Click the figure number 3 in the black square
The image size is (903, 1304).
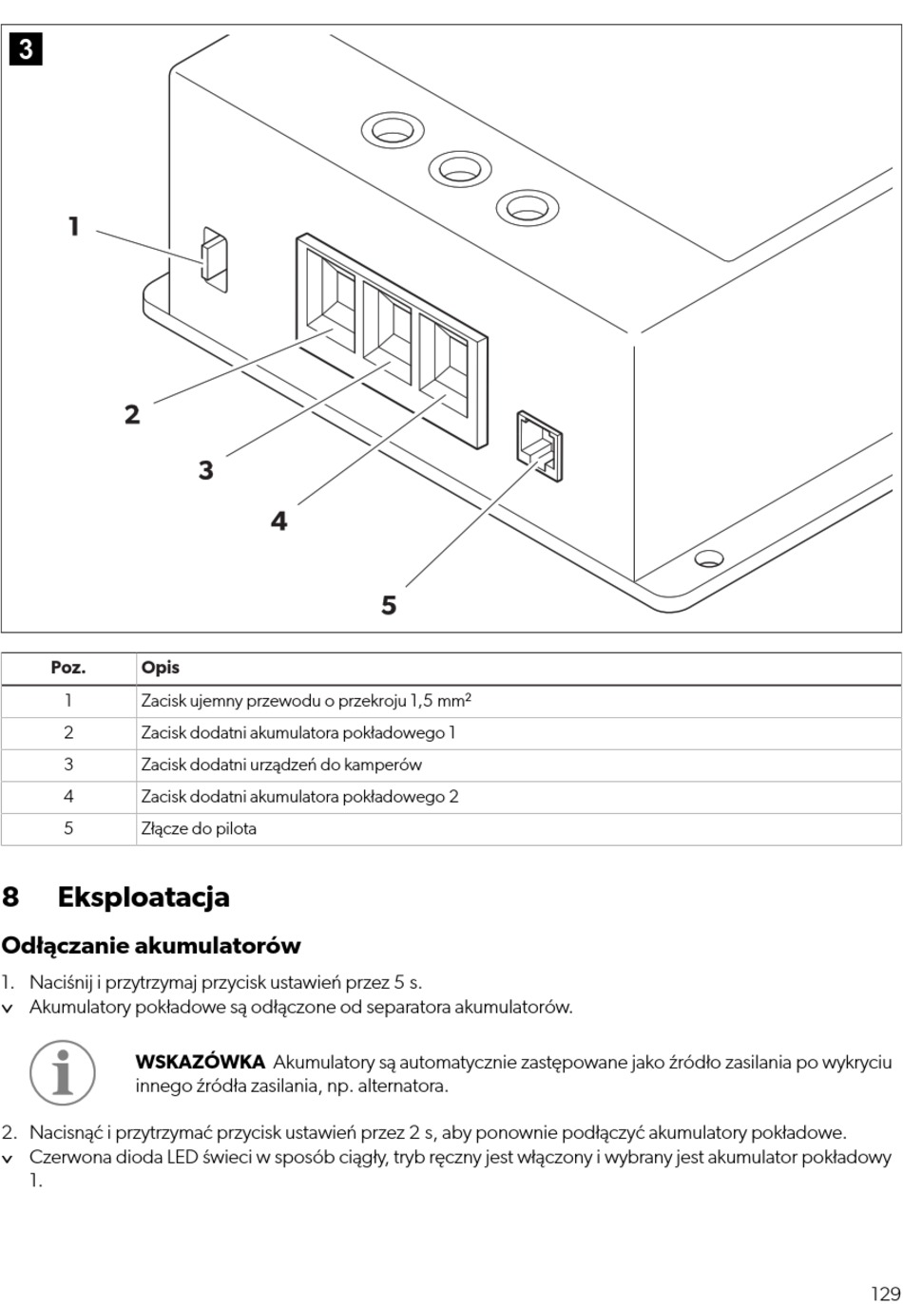(27, 48)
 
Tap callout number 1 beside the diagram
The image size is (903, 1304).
(73, 227)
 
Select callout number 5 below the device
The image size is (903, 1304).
(389, 605)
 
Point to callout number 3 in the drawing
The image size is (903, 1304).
(206, 470)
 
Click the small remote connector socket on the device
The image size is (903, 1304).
(539, 445)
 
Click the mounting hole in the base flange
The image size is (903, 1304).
(708, 558)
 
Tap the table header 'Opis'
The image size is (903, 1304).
(161, 668)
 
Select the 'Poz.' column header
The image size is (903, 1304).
(68, 668)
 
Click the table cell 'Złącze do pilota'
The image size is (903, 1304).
(199, 828)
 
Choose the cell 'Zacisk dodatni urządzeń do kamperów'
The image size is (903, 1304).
(281, 765)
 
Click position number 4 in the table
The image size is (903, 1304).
(68, 797)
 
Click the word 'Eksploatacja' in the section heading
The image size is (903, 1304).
(144, 897)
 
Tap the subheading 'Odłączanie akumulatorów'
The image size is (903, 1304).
(151, 945)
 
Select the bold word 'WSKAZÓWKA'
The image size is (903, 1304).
(200, 1062)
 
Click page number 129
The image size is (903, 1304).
(884, 1267)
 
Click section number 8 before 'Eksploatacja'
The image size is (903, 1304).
(10, 897)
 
